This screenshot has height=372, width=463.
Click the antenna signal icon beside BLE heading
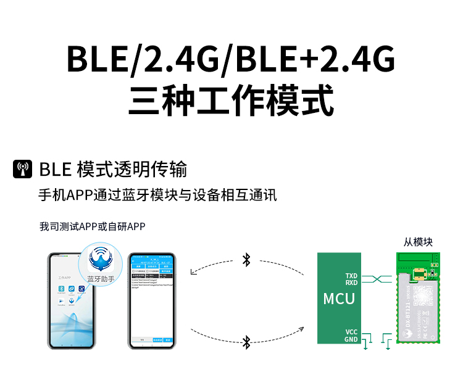coord(22,169)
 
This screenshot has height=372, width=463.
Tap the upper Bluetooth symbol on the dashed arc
coord(246,260)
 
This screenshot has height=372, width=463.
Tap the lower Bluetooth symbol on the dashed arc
coord(246,341)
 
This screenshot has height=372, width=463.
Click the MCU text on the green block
coord(339,299)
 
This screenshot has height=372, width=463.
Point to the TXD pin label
coord(351,276)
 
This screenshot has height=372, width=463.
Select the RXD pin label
coord(351,283)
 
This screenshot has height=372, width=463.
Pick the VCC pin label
coord(351,332)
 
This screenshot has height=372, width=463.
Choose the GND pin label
coord(351,339)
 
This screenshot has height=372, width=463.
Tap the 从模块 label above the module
coord(418,242)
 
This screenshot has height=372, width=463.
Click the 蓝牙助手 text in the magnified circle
coord(101,279)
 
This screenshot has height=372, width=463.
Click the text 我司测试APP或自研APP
coord(92,226)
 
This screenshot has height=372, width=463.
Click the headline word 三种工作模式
coord(231,99)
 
